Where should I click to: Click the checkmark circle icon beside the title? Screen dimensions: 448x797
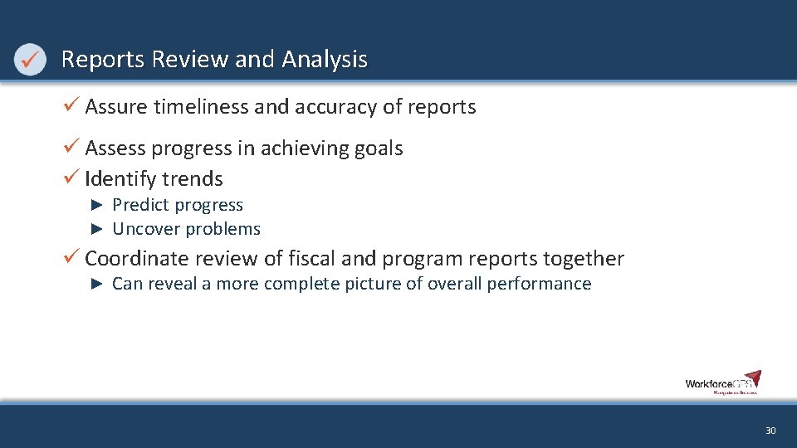pyautogui.click(x=30, y=60)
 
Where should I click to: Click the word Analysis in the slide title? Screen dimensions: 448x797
pyautogui.click(x=325, y=60)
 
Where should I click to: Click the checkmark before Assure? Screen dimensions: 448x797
pyautogui.click(x=71, y=106)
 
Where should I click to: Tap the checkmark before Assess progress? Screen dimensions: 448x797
pyautogui.click(x=71, y=148)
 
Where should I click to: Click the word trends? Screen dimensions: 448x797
pyautogui.click(x=193, y=179)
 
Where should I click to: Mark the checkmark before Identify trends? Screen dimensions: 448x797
pyautogui.click(x=71, y=178)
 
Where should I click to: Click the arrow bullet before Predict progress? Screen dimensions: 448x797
pyautogui.click(x=96, y=205)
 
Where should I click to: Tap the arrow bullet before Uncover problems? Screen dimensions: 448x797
pyautogui.click(x=96, y=229)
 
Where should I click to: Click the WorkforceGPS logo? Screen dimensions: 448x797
pyautogui.click(x=722, y=382)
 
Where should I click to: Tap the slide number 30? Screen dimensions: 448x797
pyautogui.click(x=770, y=431)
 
